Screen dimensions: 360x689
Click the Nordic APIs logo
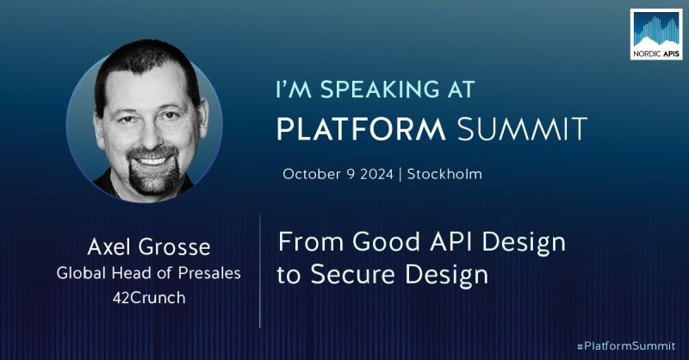pyautogui.click(x=655, y=34)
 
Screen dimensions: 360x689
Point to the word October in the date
pyautogui.click(x=313, y=174)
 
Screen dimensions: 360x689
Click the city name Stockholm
pyautogui.click(x=444, y=174)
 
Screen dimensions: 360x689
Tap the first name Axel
pyautogui.click(x=109, y=248)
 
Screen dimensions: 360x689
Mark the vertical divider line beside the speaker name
pyautogui.click(x=260, y=271)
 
